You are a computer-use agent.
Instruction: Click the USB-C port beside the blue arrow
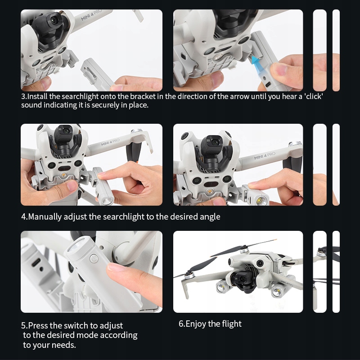click(268, 84)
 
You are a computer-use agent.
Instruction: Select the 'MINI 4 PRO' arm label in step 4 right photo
click(264, 156)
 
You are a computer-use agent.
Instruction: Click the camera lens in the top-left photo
click(54, 20)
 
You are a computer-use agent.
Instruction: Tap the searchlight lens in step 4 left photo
click(107, 201)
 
